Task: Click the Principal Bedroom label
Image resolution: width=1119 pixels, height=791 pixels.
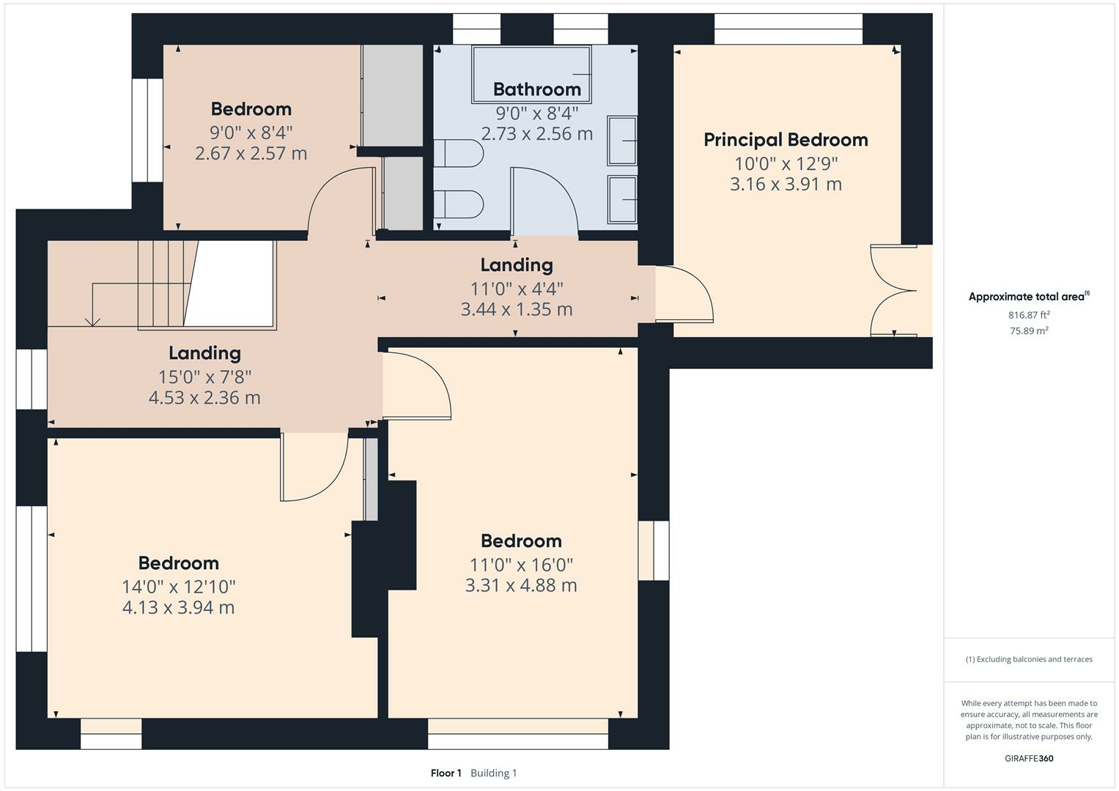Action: pyautogui.click(x=786, y=141)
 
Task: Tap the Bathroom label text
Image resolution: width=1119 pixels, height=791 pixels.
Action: pyautogui.click(x=537, y=89)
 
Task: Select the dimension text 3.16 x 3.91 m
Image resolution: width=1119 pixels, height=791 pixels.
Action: pyautogui.click(x=786, y=185)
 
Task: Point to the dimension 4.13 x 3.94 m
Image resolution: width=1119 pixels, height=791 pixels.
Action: pyautogui.click(x=178, y=607)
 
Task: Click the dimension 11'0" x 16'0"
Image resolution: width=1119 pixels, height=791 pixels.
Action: pyautogui.click(x=521, y=565)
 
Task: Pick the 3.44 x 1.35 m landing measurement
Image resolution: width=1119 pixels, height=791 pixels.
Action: pyautogui.click(x=517, y=309)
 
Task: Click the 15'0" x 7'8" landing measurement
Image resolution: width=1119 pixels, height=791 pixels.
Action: pyautogui.click(x=204, y=376)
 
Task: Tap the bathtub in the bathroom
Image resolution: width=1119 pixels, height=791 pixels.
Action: pyautogui.click(x=531, y=75)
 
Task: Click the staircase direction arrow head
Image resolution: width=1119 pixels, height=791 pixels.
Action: pyautogui.click(x=92, y=322)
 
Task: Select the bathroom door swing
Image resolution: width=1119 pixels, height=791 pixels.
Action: pyautogui.click(x=544, y=201)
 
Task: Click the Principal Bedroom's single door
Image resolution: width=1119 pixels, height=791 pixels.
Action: pyautogui.click(x=684, y=294)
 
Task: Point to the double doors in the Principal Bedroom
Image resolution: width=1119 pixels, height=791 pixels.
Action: pyautogui.click(x=894, y=291)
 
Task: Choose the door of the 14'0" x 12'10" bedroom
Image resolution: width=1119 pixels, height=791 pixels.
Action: pyautogui.click(x=314, y=467)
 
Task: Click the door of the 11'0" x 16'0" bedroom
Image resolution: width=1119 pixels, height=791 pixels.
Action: pyautogui.click(x=417, y=385)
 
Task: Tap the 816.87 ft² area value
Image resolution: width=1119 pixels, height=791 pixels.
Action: pyautogui.click(x=1029, y=315)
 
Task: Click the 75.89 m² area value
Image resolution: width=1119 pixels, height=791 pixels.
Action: pyautogui.click(x=1029, y=330)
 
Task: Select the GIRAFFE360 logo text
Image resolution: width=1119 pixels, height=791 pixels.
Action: pyautogui.click(x=1029, y=759)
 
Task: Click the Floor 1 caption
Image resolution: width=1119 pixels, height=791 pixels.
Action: pyautogui.click(x=446, y=773)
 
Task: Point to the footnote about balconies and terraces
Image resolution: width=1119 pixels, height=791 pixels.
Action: pyautogui.click(x=1029, y=659)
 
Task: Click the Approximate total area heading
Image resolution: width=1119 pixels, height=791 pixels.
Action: pyautogui.click(x=1029, y=296)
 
